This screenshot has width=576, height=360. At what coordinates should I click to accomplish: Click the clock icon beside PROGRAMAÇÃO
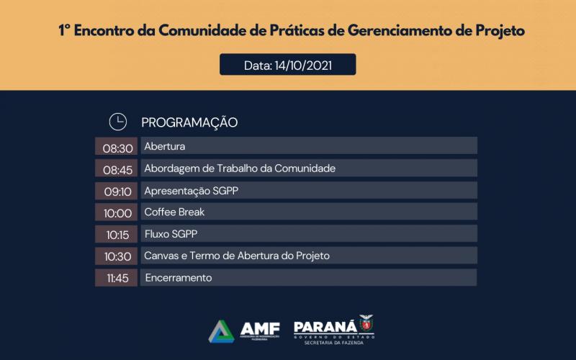(x=117, y=122)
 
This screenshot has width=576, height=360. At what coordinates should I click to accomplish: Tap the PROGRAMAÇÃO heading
(x=189, y=122)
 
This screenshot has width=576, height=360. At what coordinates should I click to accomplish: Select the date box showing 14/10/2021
(x=287, y=65)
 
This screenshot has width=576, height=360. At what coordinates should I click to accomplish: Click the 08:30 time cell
(x=117, y=147)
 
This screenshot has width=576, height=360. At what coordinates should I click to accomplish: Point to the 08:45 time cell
(x=117, y=168)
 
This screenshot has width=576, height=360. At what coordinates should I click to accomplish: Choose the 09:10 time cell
(x=117, y=191)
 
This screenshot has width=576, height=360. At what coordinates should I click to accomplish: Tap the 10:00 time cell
(x=117, y=212)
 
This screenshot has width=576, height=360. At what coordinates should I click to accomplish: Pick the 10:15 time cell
(x=117, y=234)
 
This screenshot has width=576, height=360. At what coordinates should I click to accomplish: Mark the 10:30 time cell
(x=117, y=256)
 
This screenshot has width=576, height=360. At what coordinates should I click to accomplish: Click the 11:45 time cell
(x=117, y=278)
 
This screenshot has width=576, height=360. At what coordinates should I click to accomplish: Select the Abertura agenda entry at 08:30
(x=165, y=146)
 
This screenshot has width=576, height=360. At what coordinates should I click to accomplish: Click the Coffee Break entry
(x=174, y=212)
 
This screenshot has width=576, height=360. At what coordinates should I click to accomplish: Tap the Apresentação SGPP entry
(x=191, y=190)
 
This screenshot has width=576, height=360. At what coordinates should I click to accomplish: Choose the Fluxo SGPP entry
(x=171, y=234)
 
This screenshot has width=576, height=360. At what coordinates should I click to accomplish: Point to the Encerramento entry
(x=179, y=277)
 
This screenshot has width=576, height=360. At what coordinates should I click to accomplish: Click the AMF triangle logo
(x=222, y=331)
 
